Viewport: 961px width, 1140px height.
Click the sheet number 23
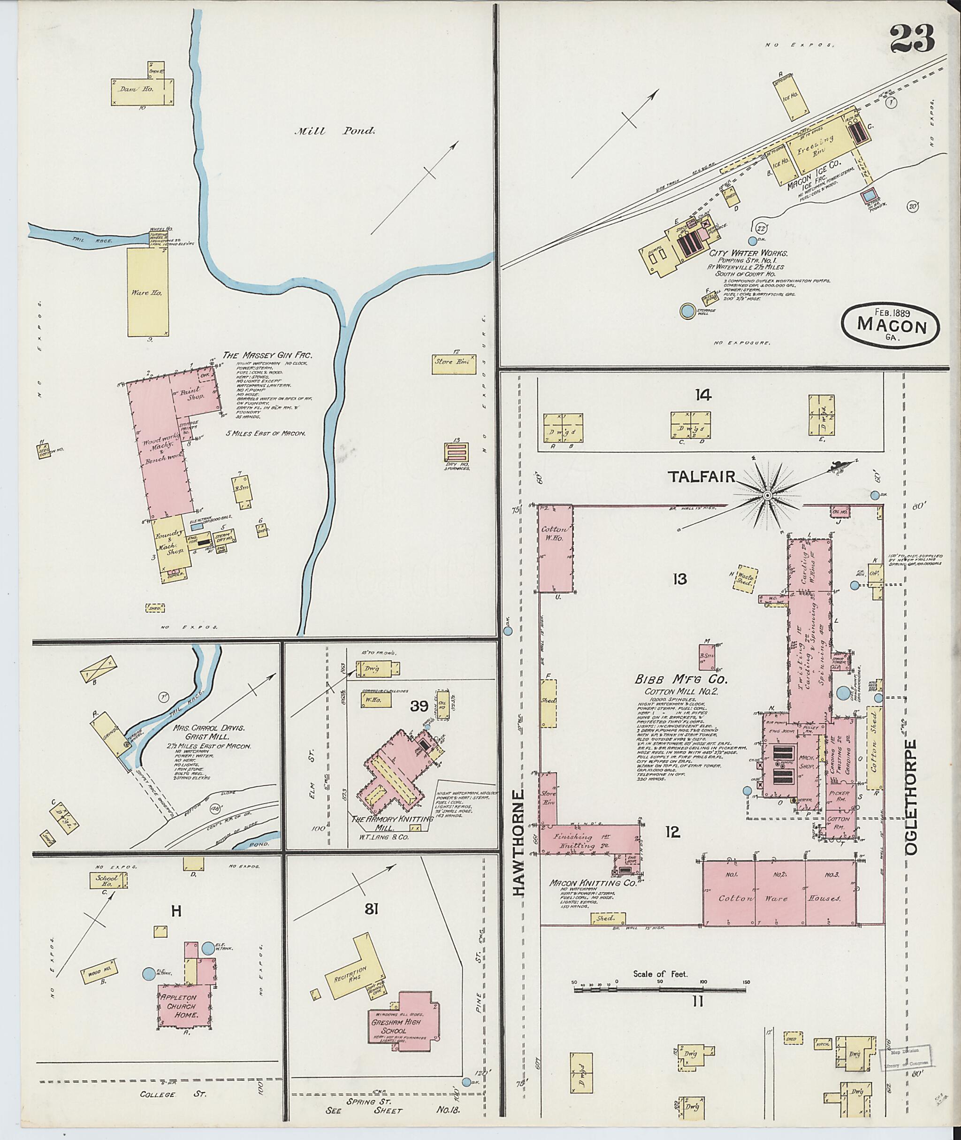912,38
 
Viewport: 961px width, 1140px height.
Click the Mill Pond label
335,131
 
